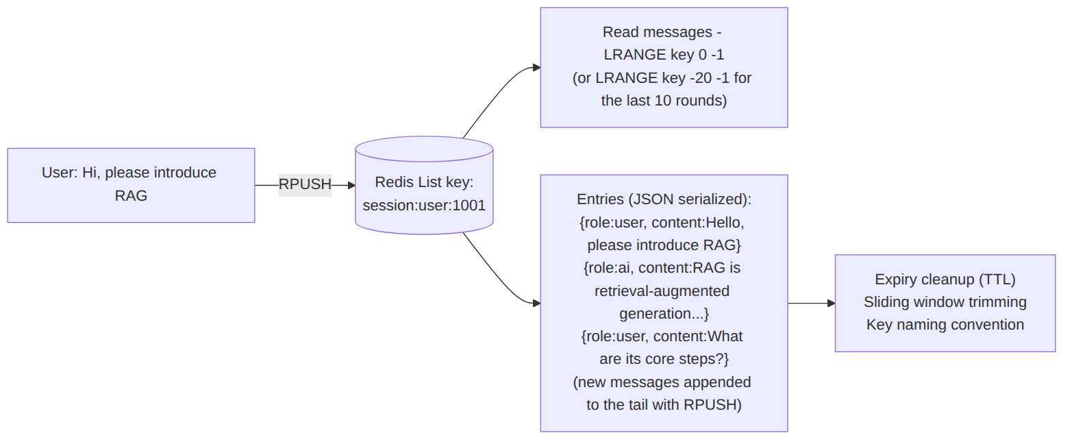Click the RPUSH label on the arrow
click(x=305, y=184)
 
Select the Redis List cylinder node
click(x=425, y=186)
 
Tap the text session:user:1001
click(x=425, y=206)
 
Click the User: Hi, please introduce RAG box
click(x=131, y=185)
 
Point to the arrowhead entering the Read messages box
click(x=537, y=68)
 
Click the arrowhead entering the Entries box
click(x=537, y=303)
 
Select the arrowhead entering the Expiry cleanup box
click(x=832, y=303)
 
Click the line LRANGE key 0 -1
click(x=664, y=55)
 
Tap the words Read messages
click(x=658, y=32)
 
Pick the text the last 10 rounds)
click(x=664, y=101)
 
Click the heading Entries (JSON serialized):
click(x=664, y=199)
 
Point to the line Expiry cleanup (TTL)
click(x=945, y=280)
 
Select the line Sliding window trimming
click(x=945, y=302)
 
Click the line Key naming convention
click(x=945, y=325)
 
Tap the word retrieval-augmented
click(x=662, y=291)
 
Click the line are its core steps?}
click(x=664, y=359)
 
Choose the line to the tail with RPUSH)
click(x=664, y=405)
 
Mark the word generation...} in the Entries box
click(x=664, y=314)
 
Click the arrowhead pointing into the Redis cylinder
click(x=351, y=185)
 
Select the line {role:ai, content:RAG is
click(x=662, y=268)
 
